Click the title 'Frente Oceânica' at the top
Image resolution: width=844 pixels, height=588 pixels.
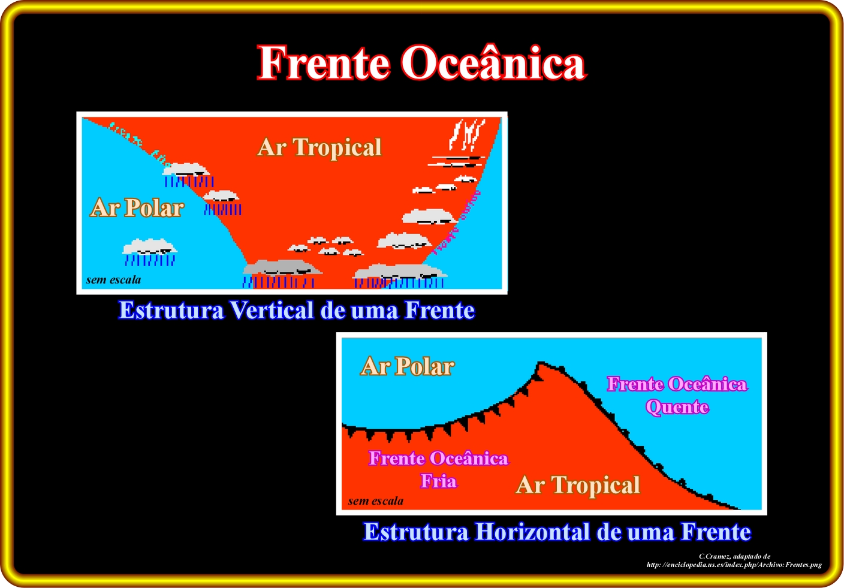point(421,62)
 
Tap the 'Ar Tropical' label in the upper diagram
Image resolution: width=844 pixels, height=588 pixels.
point(319,147)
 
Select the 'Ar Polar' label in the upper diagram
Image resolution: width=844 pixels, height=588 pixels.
point(137,207)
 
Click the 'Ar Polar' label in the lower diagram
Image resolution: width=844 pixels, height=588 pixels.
point(407,366)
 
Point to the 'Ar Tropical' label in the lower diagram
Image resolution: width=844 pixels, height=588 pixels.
point(578,485)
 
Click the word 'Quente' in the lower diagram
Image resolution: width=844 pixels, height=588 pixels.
point(677,407)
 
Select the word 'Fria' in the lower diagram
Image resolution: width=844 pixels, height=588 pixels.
point(439,481)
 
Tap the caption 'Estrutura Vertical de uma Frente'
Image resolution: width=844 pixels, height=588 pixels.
point(297,310)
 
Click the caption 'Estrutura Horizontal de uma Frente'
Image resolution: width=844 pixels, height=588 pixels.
point(557,532)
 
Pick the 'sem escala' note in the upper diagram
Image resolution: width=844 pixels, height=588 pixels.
point(113,280)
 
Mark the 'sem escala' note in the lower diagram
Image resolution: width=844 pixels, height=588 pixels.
point(376,501)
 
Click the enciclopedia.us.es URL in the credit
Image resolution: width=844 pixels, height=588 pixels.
point(734,565)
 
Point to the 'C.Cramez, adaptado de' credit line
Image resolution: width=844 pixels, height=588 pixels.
point(734,556)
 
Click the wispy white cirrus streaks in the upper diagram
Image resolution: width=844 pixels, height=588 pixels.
point(466,134)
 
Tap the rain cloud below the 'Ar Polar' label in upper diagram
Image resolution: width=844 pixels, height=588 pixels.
point(150,252)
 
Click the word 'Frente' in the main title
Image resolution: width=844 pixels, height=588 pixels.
point(323,62)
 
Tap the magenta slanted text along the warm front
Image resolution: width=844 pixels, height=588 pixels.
point(457,223)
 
